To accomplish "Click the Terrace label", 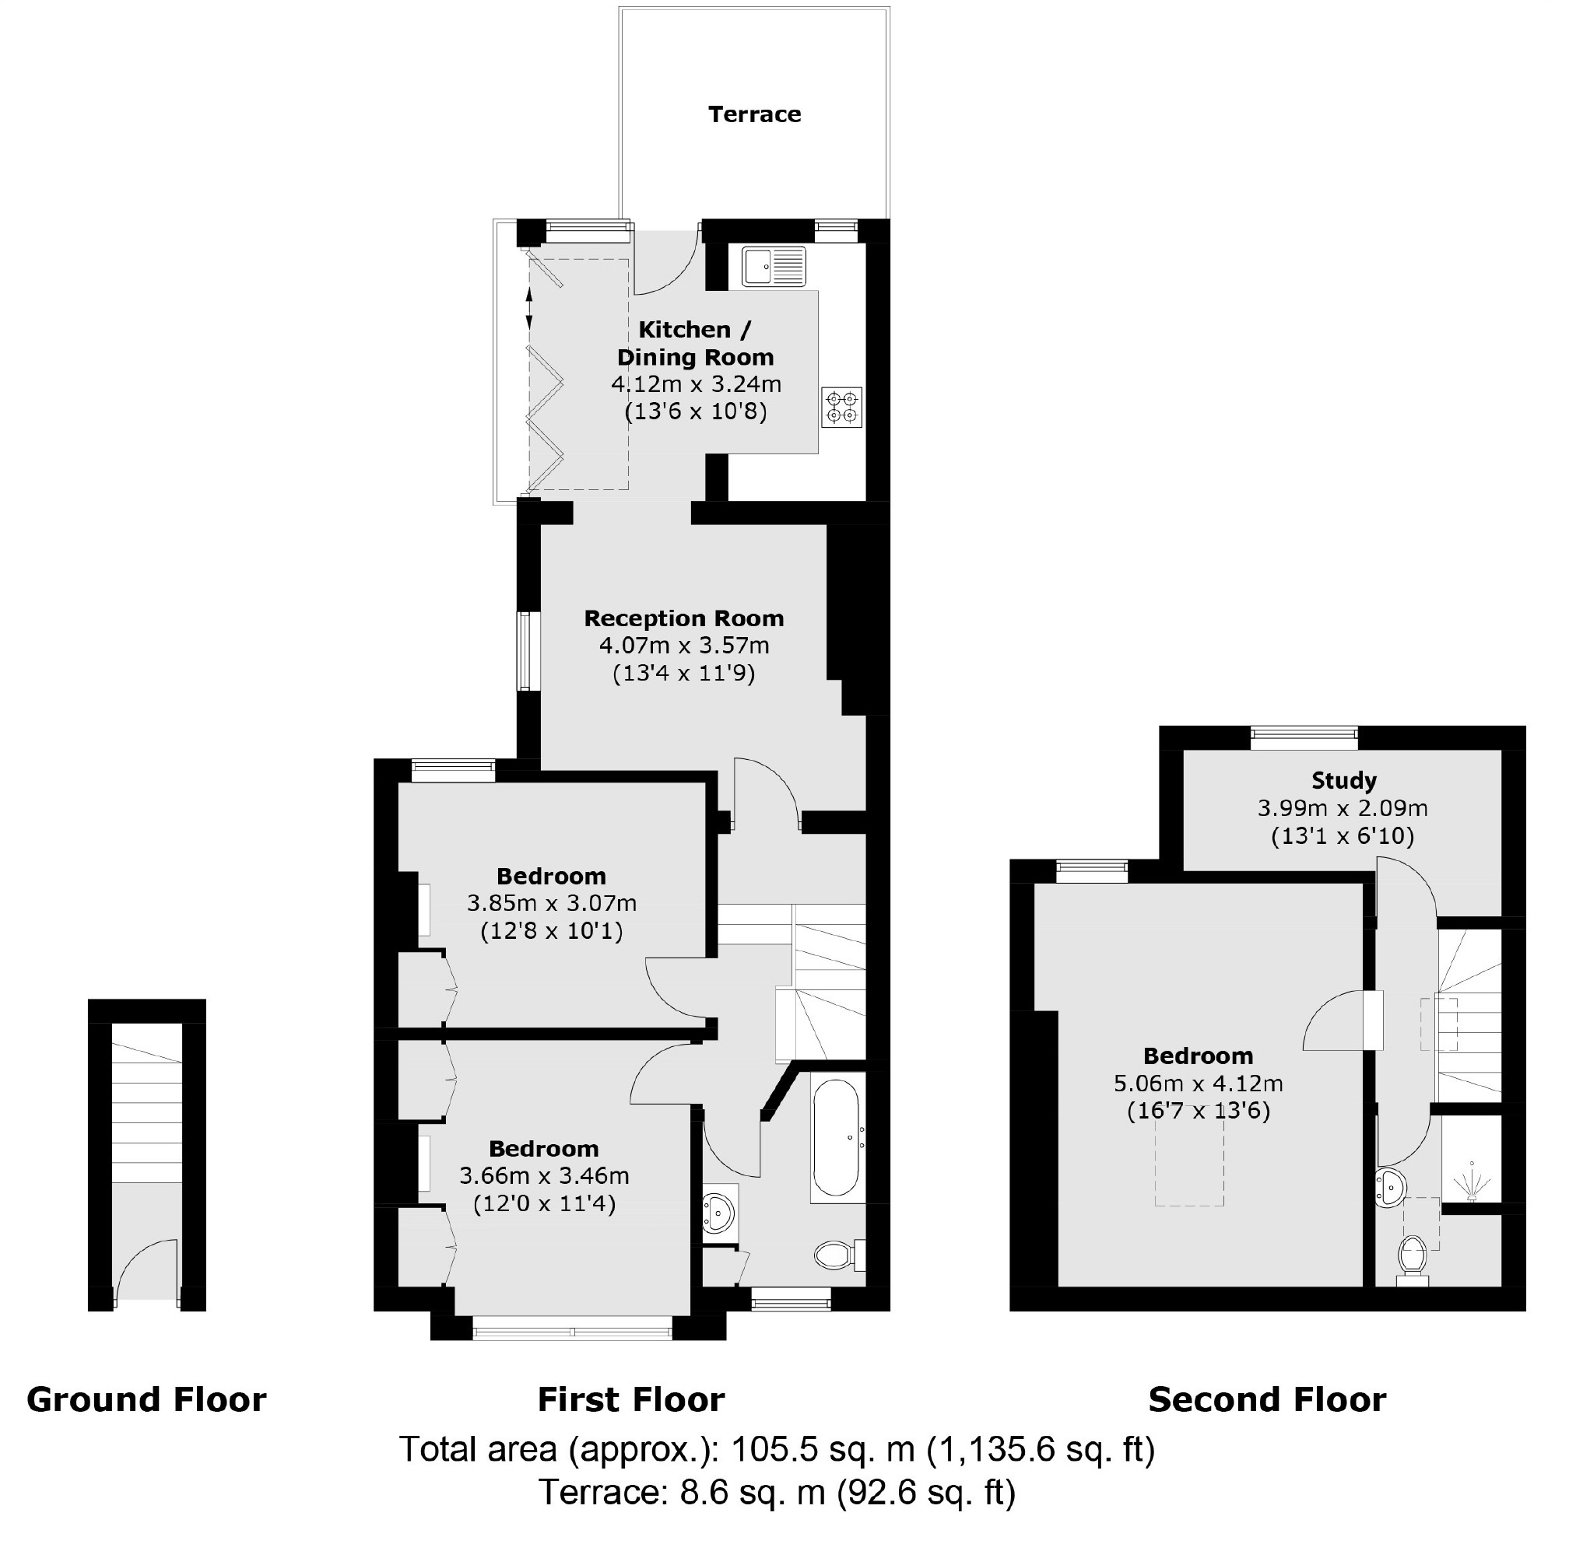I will coord(754,114).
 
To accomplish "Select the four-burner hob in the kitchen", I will coord(842,408).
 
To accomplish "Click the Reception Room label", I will coord(683,618).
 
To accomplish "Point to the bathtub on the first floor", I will coord(836,1138).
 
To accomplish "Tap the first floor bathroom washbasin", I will coord(718,1212).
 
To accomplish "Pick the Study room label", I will coord(1344,780).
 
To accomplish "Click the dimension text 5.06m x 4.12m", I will coord(1198,1084).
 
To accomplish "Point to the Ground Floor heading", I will coord(146,1399).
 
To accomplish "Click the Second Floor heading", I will coord(1266,1399).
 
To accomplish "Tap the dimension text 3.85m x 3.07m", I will coord(552,902).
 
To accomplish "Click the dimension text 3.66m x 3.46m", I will coord(544,1175).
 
